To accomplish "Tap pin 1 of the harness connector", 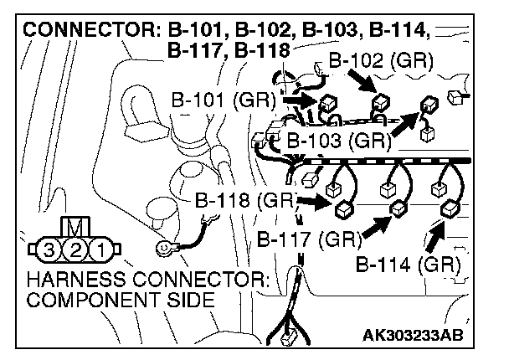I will (x=99, y=249).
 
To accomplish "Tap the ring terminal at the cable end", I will (x=164, y=248).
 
